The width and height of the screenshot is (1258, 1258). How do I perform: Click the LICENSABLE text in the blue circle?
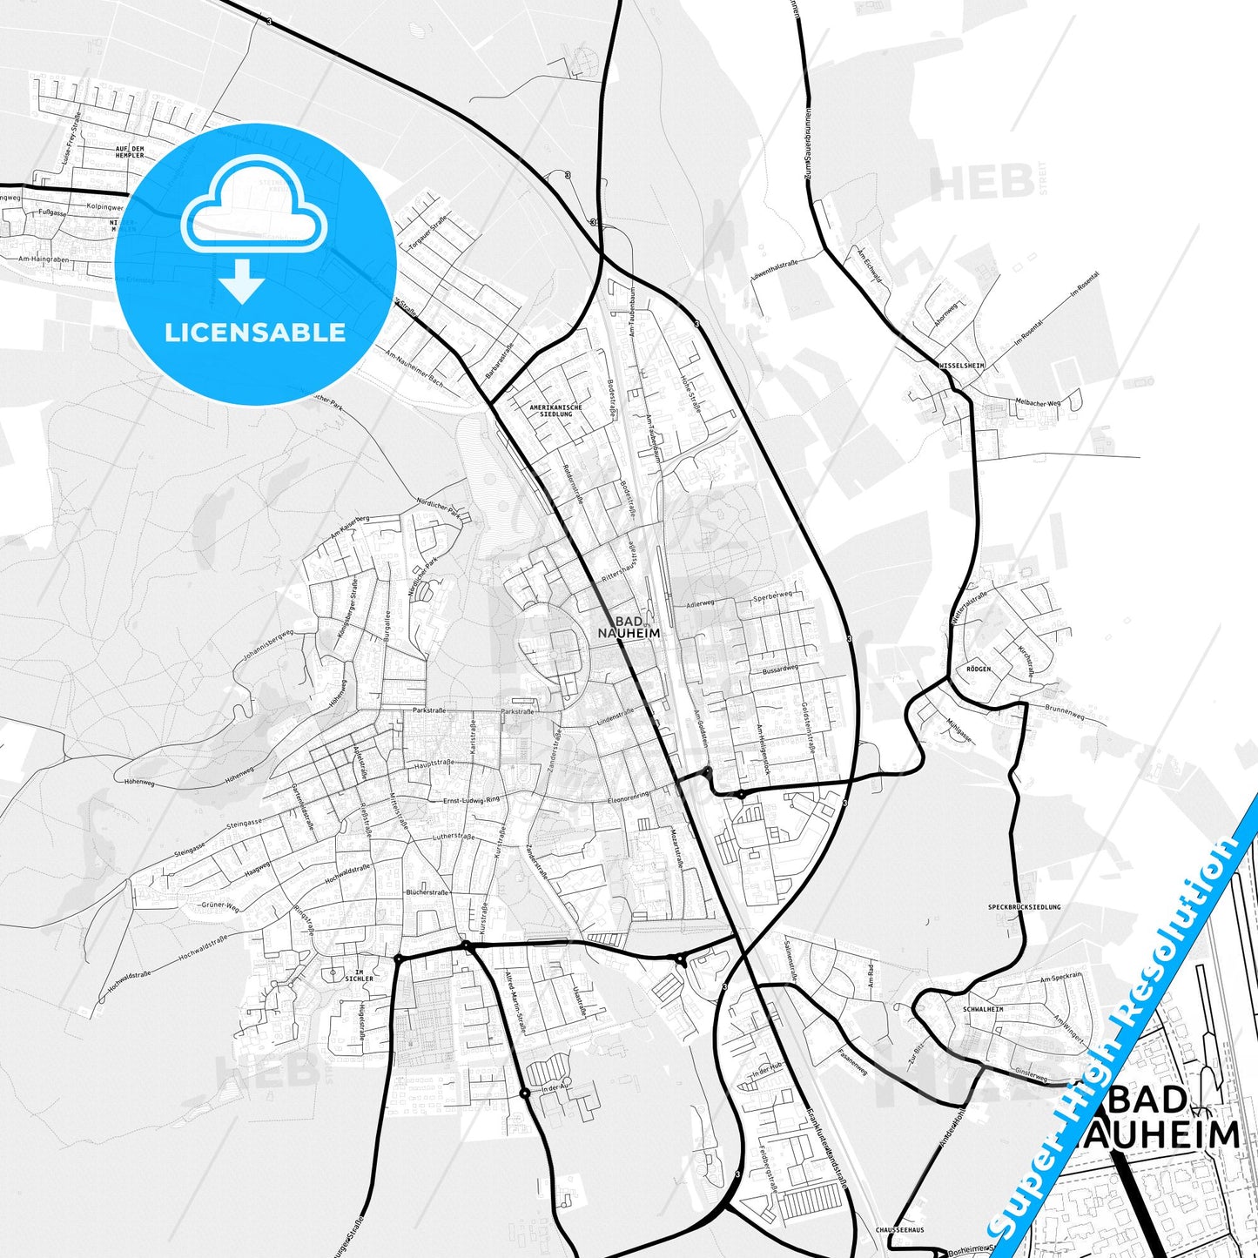[x=255, y=333]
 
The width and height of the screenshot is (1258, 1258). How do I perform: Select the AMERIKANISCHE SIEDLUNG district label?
[x=556, y=410]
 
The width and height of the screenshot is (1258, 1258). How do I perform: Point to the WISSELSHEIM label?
[x=961, y=366]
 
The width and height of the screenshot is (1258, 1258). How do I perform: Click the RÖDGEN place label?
[x=979, y=669]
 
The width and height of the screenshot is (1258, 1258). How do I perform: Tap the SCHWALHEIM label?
[x=983, y=1009]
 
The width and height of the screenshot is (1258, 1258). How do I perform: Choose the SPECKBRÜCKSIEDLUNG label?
[x=1025, y=906]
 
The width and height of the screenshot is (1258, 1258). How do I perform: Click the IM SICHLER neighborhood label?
[x=359, y=975]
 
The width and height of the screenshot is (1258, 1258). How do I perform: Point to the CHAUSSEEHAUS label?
[x=901, y=1229]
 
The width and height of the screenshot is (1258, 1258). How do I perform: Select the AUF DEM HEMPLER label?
[x=130, y=152]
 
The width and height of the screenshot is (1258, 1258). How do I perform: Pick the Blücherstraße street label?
[x=427, y=892]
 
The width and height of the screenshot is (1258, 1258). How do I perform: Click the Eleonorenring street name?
[x=629, y=796]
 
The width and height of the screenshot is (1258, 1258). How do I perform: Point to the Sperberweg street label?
[x=772, y=596]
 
